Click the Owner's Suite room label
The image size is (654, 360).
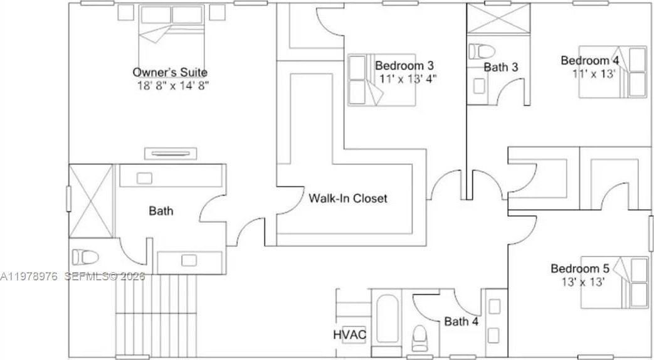pos(169,72)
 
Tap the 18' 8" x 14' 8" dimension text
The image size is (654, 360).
pos(172,85)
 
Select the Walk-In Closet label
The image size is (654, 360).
pos(347,199)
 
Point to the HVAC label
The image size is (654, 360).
pos(349,334)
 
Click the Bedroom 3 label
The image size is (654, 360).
pos(404,65)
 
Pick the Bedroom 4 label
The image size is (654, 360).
pos(589,60)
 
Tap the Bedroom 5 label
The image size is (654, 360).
pos(580,269)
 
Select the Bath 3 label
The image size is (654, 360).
pos(500,66)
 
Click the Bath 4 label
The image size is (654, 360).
pos(461,322)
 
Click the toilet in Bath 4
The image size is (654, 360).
pos(419,339)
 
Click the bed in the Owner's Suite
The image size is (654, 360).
pos(171,34)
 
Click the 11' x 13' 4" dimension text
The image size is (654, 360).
pos(408,78)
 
